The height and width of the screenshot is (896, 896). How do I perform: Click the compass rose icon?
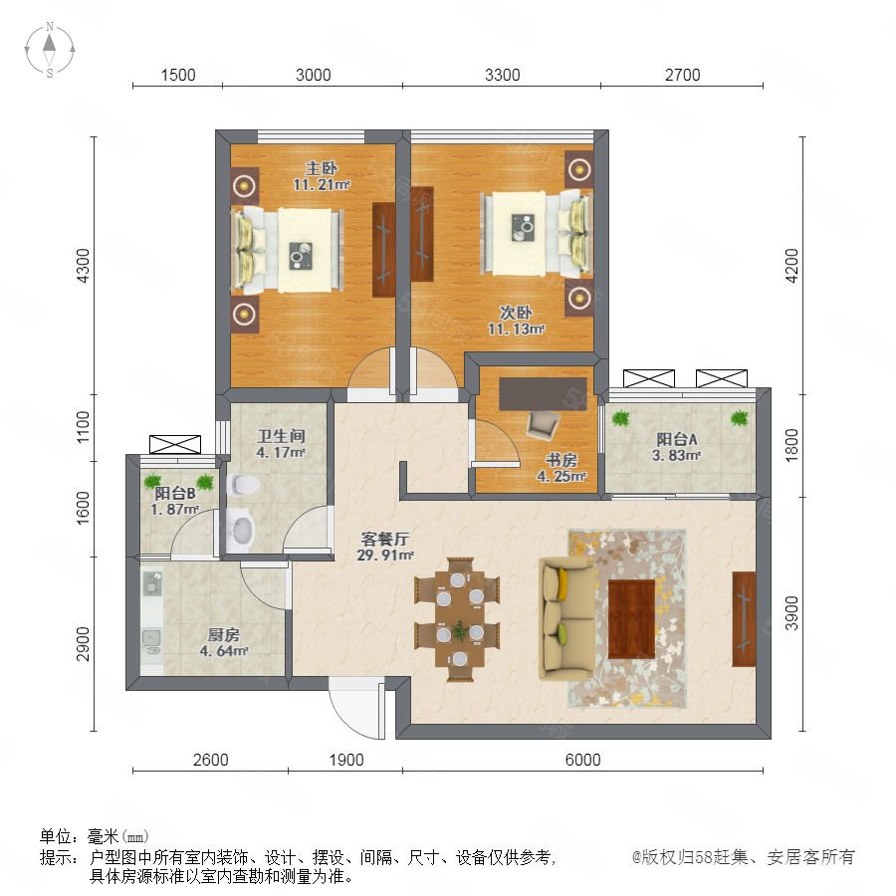50,49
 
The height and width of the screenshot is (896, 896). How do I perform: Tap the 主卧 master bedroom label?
322,168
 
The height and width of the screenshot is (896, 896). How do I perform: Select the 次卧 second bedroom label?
516,313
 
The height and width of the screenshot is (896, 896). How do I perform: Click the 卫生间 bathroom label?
281,437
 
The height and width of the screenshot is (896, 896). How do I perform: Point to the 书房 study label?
561,460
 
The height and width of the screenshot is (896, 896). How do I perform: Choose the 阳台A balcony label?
677,439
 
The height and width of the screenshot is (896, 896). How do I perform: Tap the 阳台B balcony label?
175,493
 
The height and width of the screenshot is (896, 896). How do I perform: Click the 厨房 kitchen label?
223,635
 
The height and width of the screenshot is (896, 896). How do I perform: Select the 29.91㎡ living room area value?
385,555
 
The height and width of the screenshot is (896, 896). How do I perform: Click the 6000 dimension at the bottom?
582,760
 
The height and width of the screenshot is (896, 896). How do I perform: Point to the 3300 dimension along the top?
503,75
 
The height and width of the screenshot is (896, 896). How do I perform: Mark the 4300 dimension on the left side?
84,266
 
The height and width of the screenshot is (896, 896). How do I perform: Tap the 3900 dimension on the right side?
792,613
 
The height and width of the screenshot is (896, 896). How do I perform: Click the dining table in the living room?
458,619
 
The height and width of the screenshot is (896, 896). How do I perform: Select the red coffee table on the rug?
631,619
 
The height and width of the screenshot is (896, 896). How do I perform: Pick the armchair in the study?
543,425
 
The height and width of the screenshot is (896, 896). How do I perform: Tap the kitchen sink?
151,641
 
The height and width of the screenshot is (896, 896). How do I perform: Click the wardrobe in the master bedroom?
384,250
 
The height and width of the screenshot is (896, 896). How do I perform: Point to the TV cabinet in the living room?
744,619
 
